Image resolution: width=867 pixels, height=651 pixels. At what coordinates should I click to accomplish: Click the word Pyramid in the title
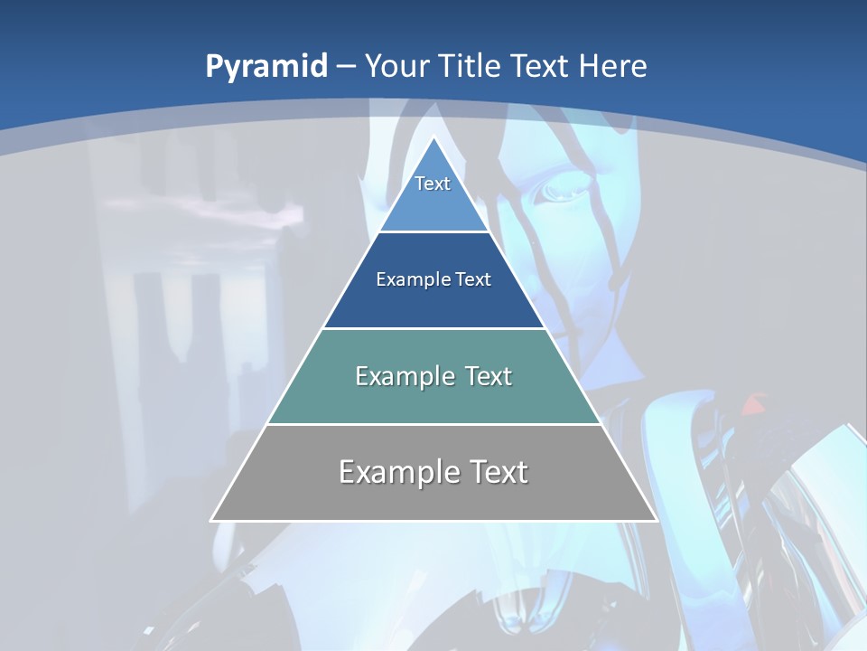click(x=266, y=66)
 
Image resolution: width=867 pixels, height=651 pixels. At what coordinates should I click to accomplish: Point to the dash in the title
click(x=345, y=67)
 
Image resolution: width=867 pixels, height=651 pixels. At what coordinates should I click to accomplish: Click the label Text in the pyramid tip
click(x=433, y=184)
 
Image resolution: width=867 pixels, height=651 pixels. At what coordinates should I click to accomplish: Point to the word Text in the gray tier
click(x=497, y=472)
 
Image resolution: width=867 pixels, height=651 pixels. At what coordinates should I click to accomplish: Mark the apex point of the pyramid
click(x=433, y=137)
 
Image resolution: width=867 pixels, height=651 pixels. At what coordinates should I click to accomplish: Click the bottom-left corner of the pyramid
click(x=211, y=520)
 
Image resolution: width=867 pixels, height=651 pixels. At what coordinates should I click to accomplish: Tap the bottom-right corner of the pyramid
click(x=656, y=520)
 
